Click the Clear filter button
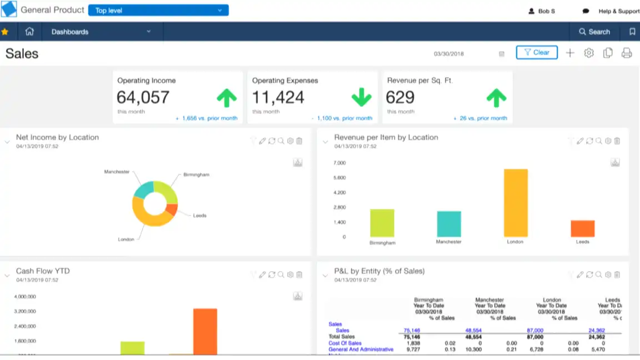[x=537, y=53]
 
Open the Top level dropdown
[x=158, y=11]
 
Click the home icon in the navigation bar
[x=29, y=32]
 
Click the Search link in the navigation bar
[x=594, y=32]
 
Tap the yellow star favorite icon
[x=5, y=32]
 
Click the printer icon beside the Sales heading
[x=627, y=53]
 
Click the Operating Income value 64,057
[x=143, y=98]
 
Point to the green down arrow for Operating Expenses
[x=361, y=98]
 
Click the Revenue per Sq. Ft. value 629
[x=400, y=98]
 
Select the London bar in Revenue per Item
[x=515, y=203]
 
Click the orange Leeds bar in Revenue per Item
[x=582, y=228]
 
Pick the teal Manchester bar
[x=448, y=224]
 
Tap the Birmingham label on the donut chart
[x=196, y=174]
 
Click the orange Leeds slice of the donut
[x=172, y=210]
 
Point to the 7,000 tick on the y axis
[x=339, y=163]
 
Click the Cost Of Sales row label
[x=345, y=343]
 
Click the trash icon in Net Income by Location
[x=299, y=141]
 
